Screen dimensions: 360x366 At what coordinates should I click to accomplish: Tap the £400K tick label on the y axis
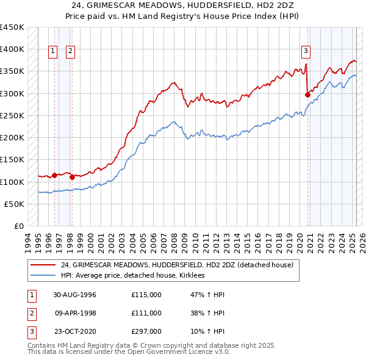pos(12,49)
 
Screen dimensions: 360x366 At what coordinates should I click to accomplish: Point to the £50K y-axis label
pos(15,204)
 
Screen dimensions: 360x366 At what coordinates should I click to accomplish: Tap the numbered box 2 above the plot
pos(71,52)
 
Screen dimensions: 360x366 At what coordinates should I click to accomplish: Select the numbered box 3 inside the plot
pos(305,52)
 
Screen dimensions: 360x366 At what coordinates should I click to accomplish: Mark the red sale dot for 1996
pos(54,175)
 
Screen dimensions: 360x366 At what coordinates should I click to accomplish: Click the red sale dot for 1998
pos(72,178)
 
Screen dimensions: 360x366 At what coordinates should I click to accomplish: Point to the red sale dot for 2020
pos(307,95)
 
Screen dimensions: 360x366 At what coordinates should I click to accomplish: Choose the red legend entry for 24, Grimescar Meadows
pos(177,265)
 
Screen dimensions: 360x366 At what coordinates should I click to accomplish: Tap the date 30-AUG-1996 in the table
pos(75,295)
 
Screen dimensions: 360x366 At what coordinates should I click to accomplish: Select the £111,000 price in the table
pos(146,313)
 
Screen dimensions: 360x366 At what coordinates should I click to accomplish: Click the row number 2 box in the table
pos(30,313)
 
